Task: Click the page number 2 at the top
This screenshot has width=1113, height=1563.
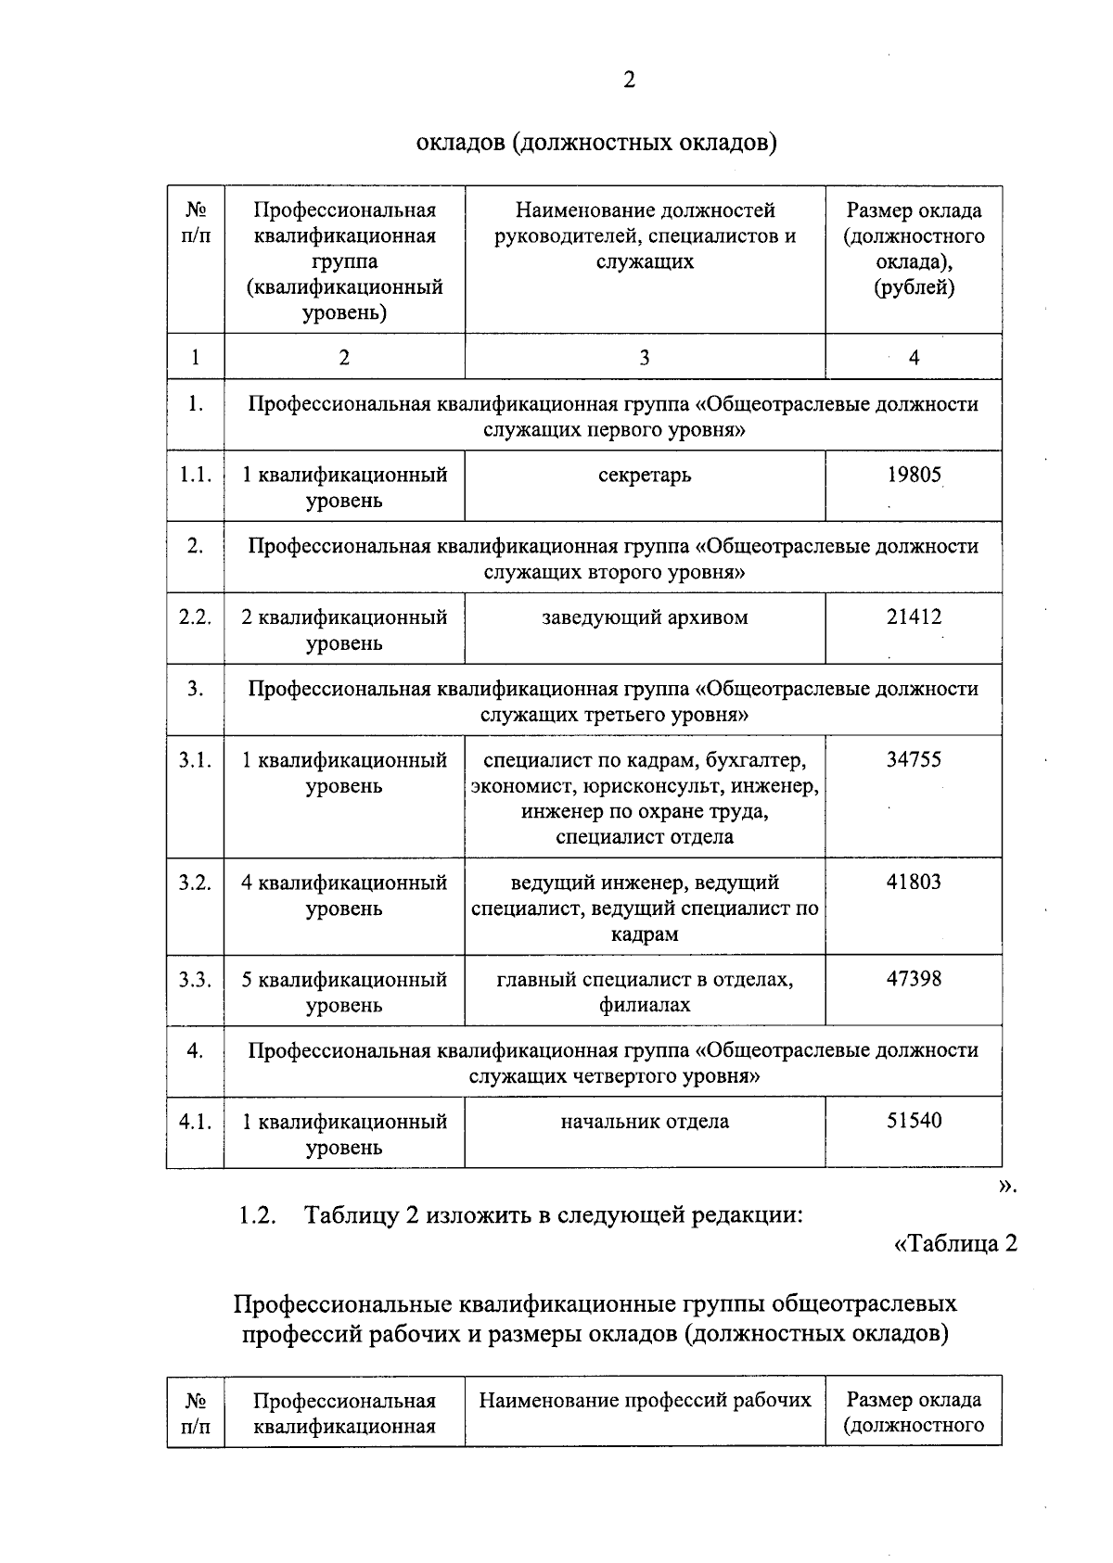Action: pyautogui.click(x=629, y=81)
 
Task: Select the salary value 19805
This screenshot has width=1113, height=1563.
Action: pyautogui.click(x=914, y=476)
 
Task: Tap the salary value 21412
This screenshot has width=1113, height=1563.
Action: pyautogui.click(x=914, y=617)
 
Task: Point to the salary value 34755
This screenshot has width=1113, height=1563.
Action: pyautogui.click(x=914, y=760)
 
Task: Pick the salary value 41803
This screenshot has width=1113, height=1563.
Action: pyautogui.click(x=914, y=883)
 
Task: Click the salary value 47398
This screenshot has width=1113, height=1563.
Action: pyautogui.click(x=914, y=979)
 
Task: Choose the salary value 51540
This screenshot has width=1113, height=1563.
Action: pyautogui.click(x=914, y=1121)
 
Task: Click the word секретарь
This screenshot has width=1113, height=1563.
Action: pyautogui.click(x=645, y=476)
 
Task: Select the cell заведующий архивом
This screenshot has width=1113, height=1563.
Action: pyautogui.click(x=645, y=617)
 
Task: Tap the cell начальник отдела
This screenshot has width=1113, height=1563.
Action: pyautogui.click(x=645, y=1122)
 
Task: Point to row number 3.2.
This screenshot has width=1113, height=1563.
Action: pyautogui.click(x=195, y=883)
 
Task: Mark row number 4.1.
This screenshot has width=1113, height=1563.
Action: pyautogui.click(x=195, y=1122)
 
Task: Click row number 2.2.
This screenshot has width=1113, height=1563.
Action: pyautogui.click(x=195, y=617)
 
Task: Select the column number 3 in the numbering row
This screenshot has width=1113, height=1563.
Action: pyautogui.click(x=645, y=358)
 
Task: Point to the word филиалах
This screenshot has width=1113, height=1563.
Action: pyautogui.click(x=645, y=1005)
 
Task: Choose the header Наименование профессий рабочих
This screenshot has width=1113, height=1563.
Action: pyautogui.click(x=645, y=1400)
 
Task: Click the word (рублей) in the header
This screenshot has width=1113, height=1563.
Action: pyautogui.click(x=914, y=287)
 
